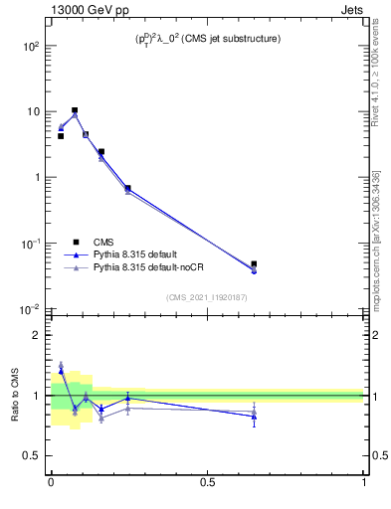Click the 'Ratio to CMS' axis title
pos(15,395)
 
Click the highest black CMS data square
pos(75,110)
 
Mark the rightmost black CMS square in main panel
pos(254,264)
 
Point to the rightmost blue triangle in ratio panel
pos(254,417)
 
